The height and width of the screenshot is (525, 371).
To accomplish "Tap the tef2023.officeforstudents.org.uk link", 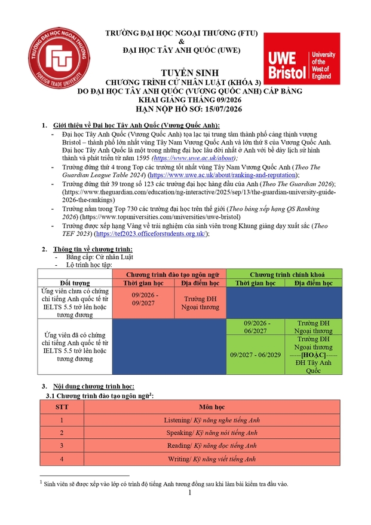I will coord(176,234).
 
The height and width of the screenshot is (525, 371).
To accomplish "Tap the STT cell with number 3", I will coord(61,445).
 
